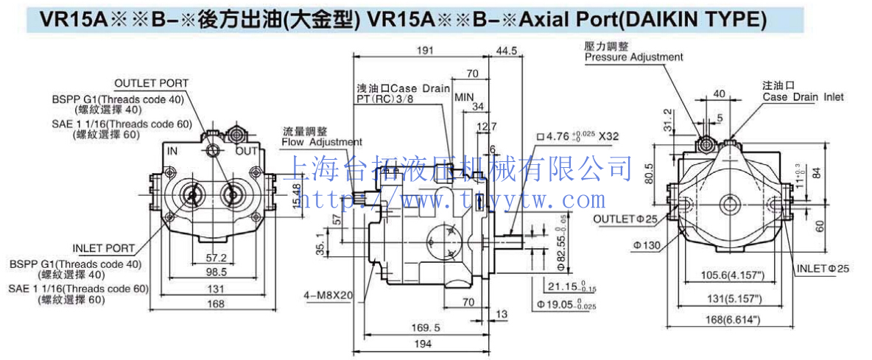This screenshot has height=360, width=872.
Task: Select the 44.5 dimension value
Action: coord(507,51)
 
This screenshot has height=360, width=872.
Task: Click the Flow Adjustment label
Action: coord(323,141)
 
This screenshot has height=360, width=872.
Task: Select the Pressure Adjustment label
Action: coord(633,57)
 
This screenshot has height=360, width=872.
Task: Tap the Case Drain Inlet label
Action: coord(803,96)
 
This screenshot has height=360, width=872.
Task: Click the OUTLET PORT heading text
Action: coord(151,83)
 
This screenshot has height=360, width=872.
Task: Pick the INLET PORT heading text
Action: coord(104,248)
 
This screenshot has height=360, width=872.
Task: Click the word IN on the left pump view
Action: coord(172,151)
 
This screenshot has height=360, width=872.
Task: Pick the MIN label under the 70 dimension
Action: coord(463,97)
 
